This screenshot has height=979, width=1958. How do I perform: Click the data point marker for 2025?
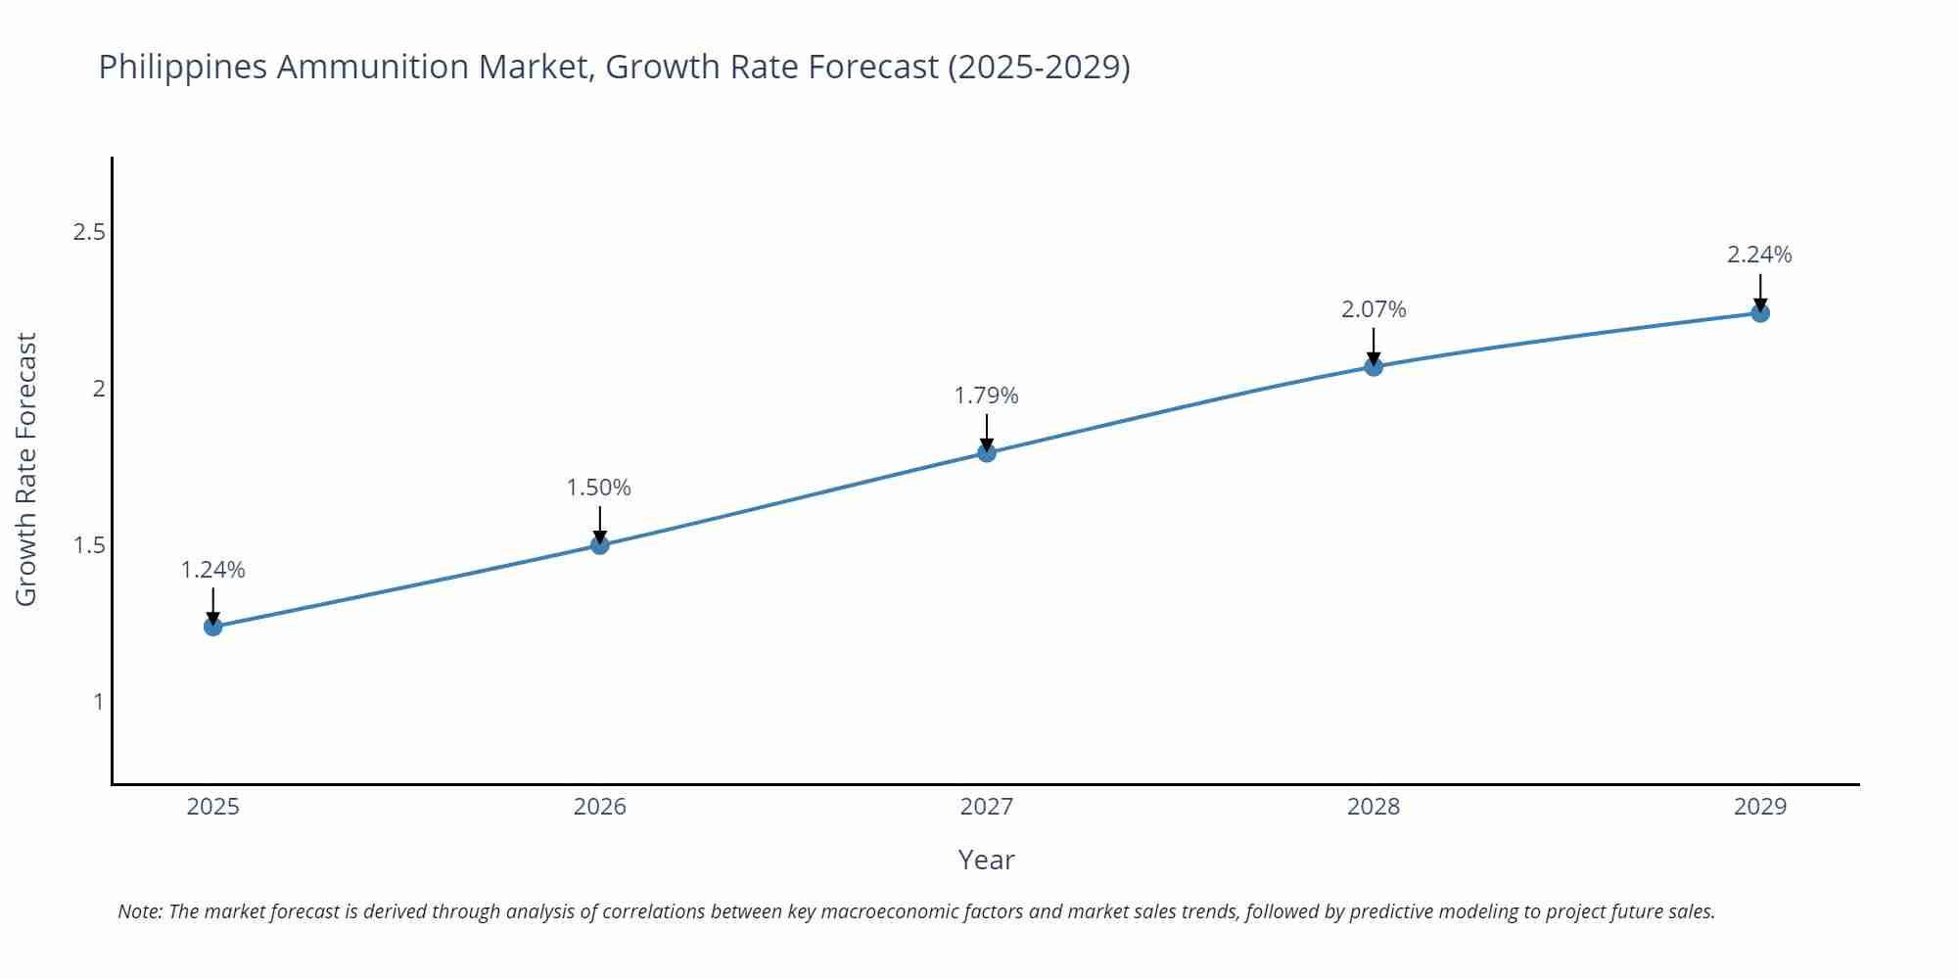[213, 627]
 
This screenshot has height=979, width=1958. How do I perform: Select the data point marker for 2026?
[600, 544]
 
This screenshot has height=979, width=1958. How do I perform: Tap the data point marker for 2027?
[987, 452]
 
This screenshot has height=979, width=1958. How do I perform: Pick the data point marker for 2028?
[1374, 366]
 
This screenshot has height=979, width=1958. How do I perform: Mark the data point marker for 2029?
[1760, 313]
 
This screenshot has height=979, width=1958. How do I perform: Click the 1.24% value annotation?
[213, 570]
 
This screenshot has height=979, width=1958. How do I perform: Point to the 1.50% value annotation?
[599, 488]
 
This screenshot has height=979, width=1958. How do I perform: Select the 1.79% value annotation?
[987, 396]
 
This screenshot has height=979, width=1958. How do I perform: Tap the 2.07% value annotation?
[1374, 309]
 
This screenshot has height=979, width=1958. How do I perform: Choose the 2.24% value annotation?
[1759, 255]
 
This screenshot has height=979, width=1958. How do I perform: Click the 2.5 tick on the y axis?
[89, 232]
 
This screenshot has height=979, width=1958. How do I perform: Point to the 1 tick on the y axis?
[98, 702]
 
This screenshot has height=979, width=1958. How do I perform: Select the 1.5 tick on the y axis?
[89, 545]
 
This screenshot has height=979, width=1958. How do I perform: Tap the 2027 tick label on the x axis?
[987, 807]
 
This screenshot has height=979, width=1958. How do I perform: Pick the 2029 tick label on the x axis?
[1760, 807]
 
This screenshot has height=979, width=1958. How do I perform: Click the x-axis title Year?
[986, 860]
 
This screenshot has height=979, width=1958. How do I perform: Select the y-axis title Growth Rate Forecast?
[26, 470]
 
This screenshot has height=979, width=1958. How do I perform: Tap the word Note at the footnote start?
[140, 911]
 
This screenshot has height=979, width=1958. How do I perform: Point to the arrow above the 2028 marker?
[1374, 346]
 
